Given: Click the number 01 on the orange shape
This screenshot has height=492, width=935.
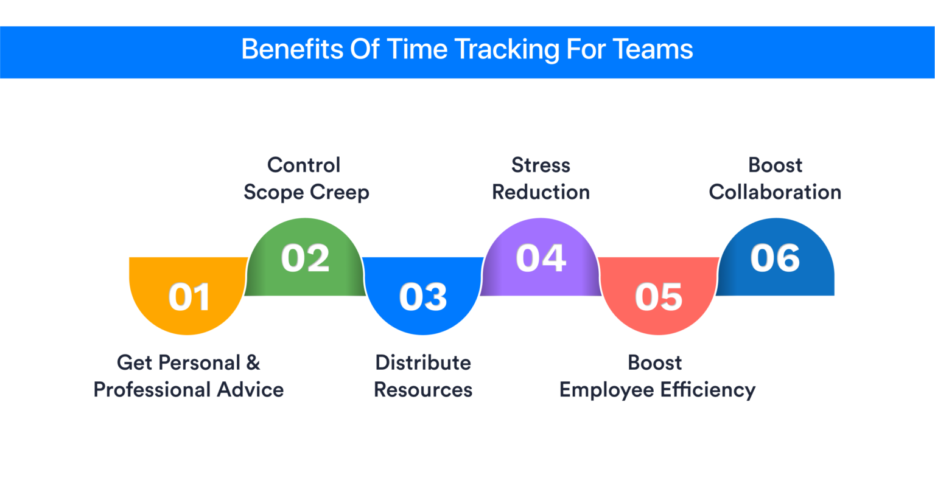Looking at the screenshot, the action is coord(189,297).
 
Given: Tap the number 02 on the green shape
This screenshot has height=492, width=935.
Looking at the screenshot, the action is coord(305,258).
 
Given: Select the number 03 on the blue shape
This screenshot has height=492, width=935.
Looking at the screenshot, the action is coord(423,297).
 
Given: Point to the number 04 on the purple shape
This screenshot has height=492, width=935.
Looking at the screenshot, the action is coord(541,258).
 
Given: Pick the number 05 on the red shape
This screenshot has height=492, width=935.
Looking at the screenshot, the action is coord(659,297).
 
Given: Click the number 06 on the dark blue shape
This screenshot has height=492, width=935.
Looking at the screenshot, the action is coord(776,258).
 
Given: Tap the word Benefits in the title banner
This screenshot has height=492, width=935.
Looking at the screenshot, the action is coord(292,49).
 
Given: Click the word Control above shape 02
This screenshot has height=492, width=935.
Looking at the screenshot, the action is coord(304,165).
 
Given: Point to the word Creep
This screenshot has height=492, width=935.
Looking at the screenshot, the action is coord(339,193).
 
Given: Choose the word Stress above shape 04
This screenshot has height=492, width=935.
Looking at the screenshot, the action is coord(541,165).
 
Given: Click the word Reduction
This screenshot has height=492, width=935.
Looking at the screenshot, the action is coord(541,192).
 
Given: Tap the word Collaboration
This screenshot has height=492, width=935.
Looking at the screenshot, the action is coord(775,192).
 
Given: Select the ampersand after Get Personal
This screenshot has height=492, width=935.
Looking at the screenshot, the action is coord(253,362).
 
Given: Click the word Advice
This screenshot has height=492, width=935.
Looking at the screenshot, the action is coord(250,390).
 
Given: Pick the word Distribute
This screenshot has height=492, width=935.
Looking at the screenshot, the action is coord(423,362).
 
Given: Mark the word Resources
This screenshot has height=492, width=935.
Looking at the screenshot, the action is coord(423,390).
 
